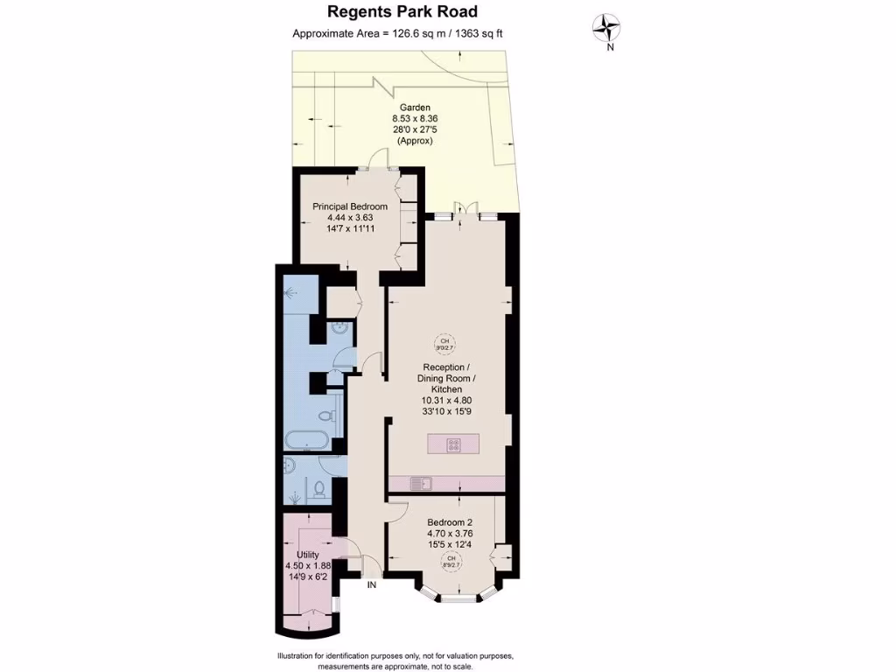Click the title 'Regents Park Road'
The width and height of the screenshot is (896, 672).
(402, 11)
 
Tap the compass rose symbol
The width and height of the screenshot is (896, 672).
(606, 28)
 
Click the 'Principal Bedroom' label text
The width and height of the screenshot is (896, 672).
(350, 206)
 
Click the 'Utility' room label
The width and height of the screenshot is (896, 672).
(307, 555)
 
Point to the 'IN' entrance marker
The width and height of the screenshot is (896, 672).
(372, 584)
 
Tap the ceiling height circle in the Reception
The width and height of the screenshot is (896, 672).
(444, 343)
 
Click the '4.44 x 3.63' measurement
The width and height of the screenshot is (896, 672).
(350, 218)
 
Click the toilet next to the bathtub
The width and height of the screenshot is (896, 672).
(326, 416)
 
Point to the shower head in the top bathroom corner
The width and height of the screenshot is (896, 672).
(289, 292)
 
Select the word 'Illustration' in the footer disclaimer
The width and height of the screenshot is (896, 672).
(300, 656)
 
